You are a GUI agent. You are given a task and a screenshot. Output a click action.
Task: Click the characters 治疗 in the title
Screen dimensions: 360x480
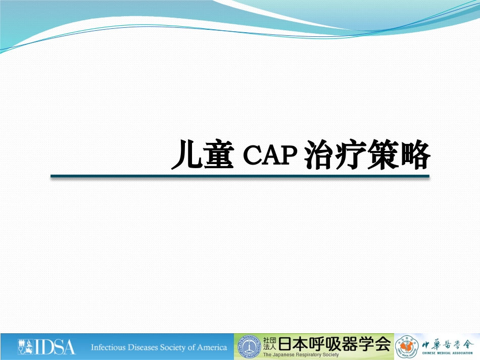point(335,155)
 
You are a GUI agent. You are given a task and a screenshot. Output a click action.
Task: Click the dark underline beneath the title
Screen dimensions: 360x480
point(239,176)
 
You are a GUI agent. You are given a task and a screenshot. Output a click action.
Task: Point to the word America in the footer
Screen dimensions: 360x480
point(212,347)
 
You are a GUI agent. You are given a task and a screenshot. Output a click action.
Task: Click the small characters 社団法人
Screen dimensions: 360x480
point(269,343)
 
